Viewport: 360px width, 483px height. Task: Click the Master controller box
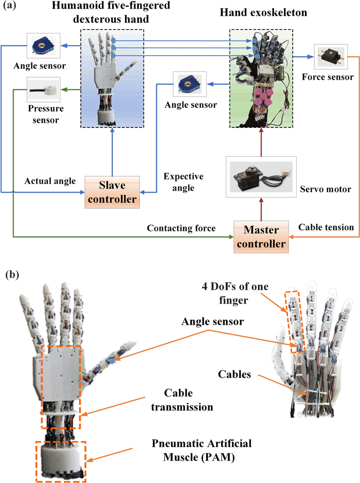point(261,236)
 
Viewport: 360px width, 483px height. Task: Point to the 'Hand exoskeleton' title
point(263,12)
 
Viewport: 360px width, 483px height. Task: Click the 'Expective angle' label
point(184,182)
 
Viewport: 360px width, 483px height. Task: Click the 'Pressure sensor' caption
point(44,115)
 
